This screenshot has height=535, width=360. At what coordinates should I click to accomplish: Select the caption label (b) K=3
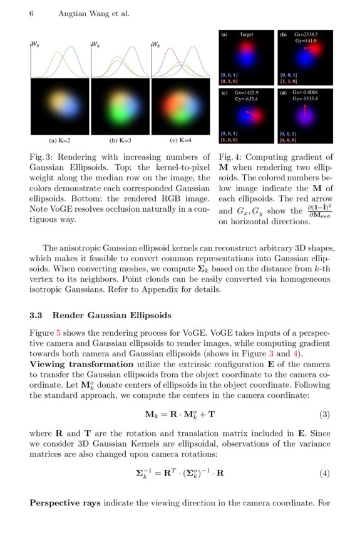tap(121, 140)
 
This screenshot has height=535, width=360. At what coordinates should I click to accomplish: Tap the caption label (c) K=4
tap(181, 140)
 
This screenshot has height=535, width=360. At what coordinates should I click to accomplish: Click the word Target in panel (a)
tap(246, 35)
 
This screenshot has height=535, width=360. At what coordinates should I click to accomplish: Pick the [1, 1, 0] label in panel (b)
tap(289, 81)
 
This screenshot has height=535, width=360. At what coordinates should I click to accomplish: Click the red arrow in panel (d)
tap(305, 111)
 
